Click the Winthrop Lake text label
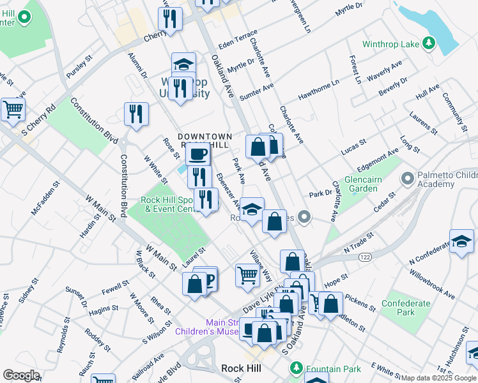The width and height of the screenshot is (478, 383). pos(390,44)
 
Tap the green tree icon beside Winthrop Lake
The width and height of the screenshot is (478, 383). pos(430,43)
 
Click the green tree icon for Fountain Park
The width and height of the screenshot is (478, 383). pos(296,368)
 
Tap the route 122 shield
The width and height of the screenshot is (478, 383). pos(365,256)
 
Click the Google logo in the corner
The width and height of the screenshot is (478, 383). pos(21,375)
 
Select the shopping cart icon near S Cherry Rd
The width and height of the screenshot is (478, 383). pos(13,109)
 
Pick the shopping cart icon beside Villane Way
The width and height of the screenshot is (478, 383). pos(247,275)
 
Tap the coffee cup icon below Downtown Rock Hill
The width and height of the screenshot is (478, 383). pos(197,154)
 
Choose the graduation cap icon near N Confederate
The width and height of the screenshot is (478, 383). pos(461,241)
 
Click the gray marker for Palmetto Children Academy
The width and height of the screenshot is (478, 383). pos(407,176)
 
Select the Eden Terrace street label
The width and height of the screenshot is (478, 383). pos(238,40)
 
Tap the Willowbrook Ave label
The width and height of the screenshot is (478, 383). pos(434,287)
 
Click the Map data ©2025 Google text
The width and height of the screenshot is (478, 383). pos(438,378)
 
